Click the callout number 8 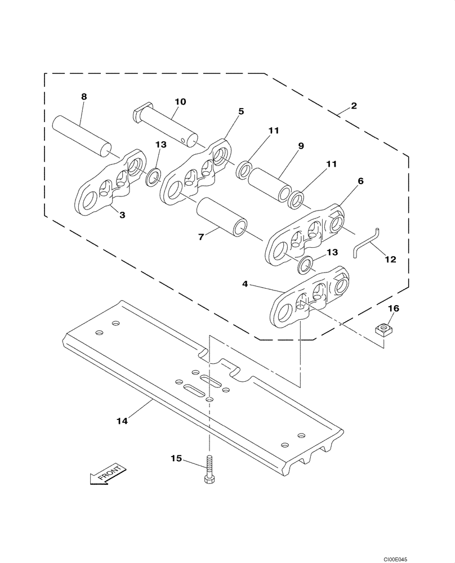pyautogui.click(x=84, y=96)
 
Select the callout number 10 pyautogui.click(x=180, y=102)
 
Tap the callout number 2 pyautogui.click(x=353, y=105)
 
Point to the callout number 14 pyautogui.click(x=122, y=420)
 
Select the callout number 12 pyautogui.click(x=390, y=260)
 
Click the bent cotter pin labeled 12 pyautogui.click(x=367, y=241)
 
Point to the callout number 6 pyautogui.click(x=360, y=181)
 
